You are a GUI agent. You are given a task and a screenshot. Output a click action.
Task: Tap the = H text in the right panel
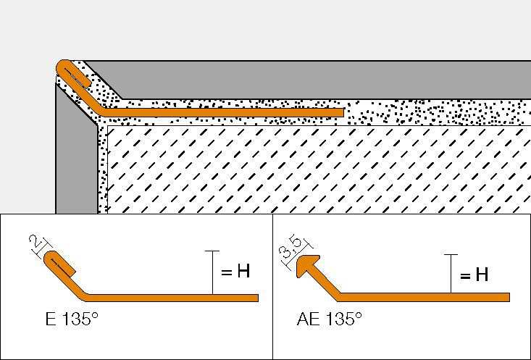473,275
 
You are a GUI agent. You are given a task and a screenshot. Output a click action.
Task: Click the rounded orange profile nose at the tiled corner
62,67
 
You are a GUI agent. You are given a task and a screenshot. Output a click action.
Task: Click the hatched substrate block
312,170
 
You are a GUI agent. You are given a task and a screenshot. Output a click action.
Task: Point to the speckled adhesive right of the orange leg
435,112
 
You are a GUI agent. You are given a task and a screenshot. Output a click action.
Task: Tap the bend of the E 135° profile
87,295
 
